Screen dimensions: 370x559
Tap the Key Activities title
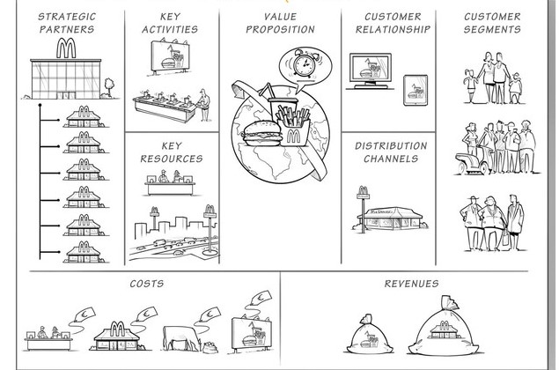click(x=172, y=23)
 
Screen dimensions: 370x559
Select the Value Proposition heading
click(x=279, y=23)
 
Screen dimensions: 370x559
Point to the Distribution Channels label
click(x=393, y=152)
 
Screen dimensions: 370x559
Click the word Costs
click(x=146, y=284)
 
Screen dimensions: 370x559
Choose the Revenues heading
click(x=411, y=284)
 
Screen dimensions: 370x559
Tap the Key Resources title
click(x=172, y=152)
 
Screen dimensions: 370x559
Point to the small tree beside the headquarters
click(x=110, y=85)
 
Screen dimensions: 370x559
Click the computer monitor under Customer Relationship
click(x=371, y=69)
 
